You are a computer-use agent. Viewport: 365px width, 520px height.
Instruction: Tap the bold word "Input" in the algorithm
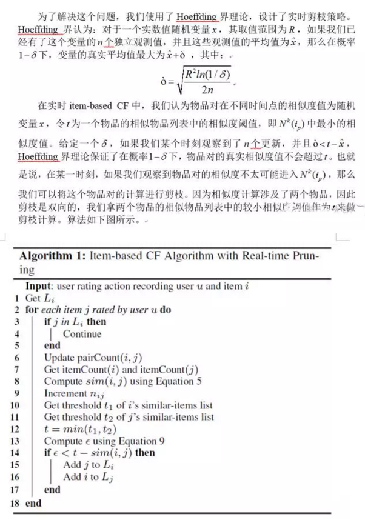point(39,285)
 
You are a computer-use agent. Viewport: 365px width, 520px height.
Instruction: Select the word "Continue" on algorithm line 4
point(82,333)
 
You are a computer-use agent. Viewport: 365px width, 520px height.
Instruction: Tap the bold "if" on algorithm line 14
point(48,453)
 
